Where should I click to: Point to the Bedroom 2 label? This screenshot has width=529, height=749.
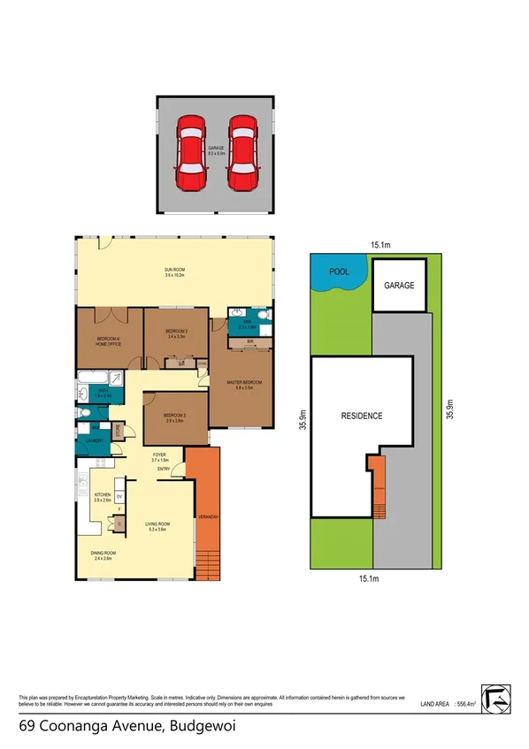[175, 332]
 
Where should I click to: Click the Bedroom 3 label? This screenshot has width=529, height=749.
[173, 417]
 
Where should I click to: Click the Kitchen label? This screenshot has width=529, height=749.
[102, 498]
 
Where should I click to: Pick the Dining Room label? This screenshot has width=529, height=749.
[103, 554]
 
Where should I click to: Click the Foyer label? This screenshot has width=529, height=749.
[159, 458]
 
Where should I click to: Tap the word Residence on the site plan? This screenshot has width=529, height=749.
[362, 416]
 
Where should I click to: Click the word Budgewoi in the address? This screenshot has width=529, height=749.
[205, 727]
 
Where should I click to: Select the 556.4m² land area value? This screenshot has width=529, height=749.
[466, 704]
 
